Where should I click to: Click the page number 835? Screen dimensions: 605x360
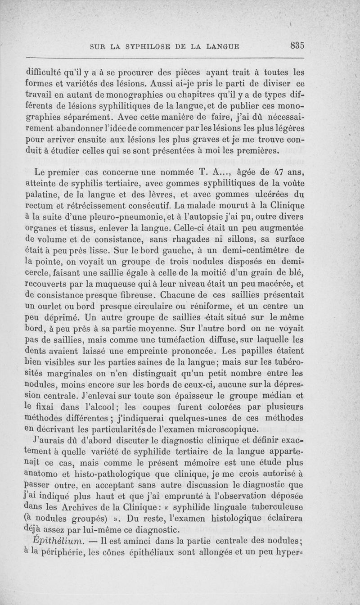tap(298, 45)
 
